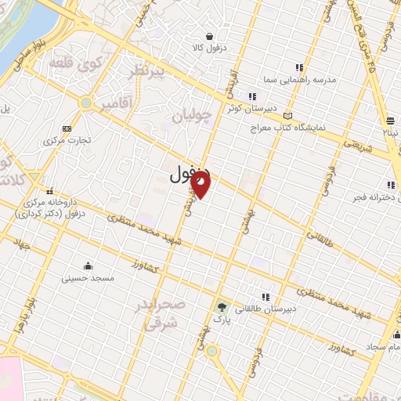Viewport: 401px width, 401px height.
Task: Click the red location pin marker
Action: [201, 185]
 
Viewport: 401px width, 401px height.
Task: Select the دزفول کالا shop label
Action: [210, 47]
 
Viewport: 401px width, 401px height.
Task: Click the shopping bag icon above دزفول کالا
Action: [210, 35]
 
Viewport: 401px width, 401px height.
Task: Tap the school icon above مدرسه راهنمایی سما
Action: [298, 67]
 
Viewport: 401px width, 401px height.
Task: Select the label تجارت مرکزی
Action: [67, 140]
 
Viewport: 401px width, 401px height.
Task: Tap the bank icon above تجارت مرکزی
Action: [67, 128]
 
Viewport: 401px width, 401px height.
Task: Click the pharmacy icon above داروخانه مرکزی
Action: [50, 190]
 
